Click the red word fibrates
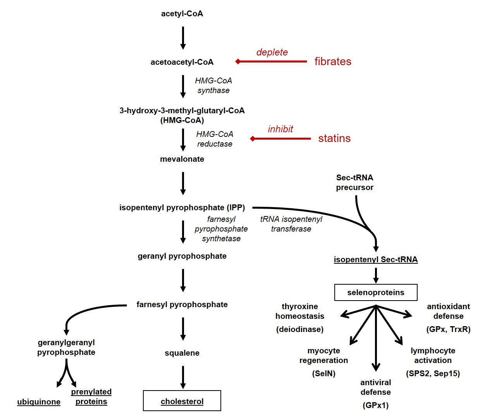click(x=333, y=61)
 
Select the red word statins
click(x=334, y=138)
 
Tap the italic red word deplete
click(x=272, y=52)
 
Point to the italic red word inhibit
click(x=280, y=129)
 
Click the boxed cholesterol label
click(x=182, y=401)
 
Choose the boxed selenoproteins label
click(x=376, y=292)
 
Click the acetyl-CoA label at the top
click(x=182, y=14)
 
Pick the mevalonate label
click(x=182, y=159)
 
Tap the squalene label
click(x=182, y=353)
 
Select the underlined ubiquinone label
click(x=39, y=402)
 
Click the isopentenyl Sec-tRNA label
click(x=376, y=259)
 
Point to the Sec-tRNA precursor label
click(x=354, y=182)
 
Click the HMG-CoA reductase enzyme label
click(x=215, y=139)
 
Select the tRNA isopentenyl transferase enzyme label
click(x=291, y=224)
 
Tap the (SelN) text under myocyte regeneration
click(x=323, y=373)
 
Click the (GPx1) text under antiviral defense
click(x=376, y=405)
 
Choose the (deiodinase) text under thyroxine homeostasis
click(x=299, y=329)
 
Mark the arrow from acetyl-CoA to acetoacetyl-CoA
click(x=183, y=38)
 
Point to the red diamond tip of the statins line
click(x=253, y=138)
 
